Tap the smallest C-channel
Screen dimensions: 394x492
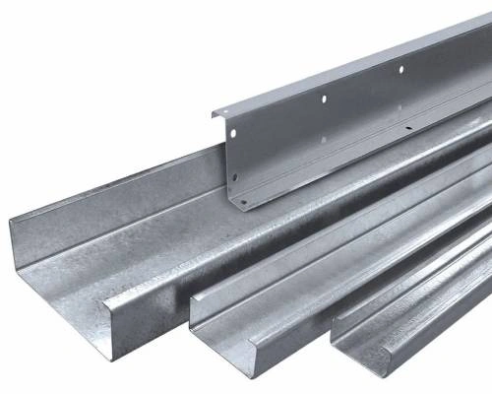413,305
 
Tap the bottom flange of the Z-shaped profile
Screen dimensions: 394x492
295,192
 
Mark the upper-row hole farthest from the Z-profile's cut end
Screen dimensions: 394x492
400,69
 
